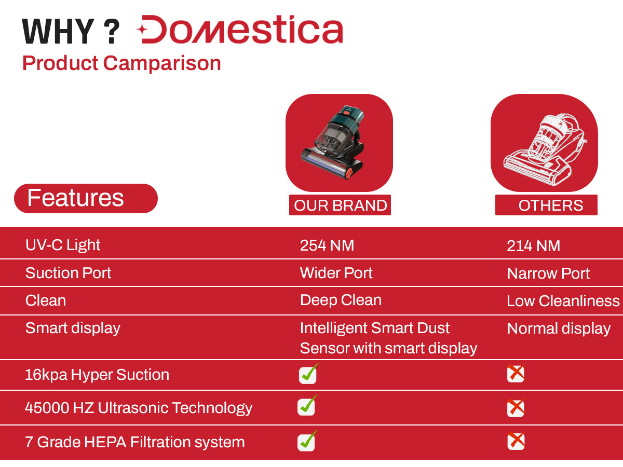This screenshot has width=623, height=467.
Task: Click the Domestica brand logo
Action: (x=240, y=29)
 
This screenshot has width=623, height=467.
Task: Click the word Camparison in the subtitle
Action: (x=162, y=63)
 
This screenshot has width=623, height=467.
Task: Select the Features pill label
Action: (x=86, y=198)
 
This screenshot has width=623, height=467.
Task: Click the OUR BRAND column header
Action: (x=340, y=205)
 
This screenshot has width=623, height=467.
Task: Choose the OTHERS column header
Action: (x=546, y=205)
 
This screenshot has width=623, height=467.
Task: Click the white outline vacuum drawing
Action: (x=545, y=150)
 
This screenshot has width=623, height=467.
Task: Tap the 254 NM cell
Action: (x=327, y=245)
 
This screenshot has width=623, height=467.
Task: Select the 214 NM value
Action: (x=533, y=245)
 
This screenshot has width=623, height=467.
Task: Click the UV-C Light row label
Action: (x=63, y=245)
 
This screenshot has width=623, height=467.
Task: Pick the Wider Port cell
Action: (x=336, y=273)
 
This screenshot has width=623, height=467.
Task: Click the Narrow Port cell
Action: (x=548, y=273)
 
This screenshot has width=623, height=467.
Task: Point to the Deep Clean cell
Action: (x=341, y=300)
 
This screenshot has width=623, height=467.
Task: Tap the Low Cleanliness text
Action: (x=563, y=300)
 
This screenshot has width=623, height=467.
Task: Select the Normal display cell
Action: (x=559, y=329)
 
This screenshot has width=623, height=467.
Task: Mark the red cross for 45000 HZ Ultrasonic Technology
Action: (x=516, y=408)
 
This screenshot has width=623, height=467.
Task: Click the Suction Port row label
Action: (x=68, y=273)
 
